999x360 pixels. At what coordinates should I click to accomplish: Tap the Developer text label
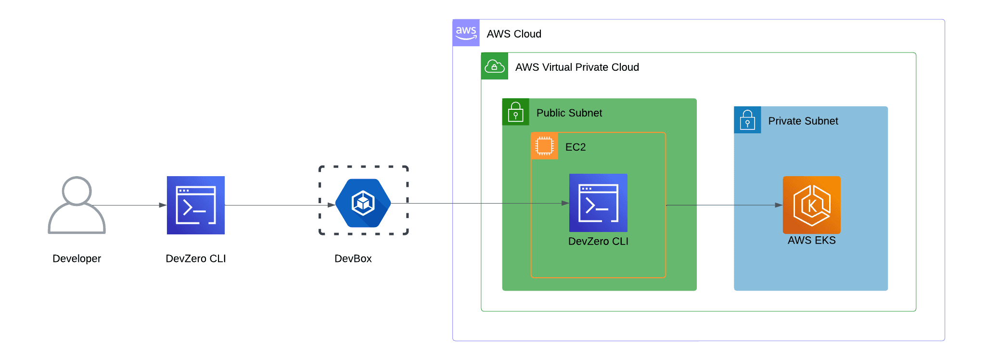[77, 258]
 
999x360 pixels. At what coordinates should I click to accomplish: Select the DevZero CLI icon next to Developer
[195, 205]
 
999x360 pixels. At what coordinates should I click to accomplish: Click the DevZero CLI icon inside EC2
[598, 203]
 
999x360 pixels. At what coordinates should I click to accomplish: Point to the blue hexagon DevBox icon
[363, 203]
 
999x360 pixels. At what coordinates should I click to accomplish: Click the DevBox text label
[353, 258]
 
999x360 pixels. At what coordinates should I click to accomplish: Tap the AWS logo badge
[466, 33]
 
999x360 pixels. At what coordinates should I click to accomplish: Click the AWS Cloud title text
[513, 34]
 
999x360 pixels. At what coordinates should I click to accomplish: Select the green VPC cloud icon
[494, 66]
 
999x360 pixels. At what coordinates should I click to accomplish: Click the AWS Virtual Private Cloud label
[576, 67]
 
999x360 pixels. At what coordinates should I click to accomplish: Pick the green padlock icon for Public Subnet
[515, 112]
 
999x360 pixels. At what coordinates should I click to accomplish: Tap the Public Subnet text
[569, 113]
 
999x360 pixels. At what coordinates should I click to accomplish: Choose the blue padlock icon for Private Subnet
[747, 120]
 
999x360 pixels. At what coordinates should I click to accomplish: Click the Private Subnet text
[803, 121]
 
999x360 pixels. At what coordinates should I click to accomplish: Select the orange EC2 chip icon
[544, 146]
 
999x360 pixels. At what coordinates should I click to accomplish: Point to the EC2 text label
[575, 147]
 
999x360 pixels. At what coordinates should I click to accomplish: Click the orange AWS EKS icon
[811, 205]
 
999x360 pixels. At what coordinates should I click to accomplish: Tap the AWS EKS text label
[811, 240]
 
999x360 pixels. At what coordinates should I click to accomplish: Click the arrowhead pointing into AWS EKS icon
[779, 205]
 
